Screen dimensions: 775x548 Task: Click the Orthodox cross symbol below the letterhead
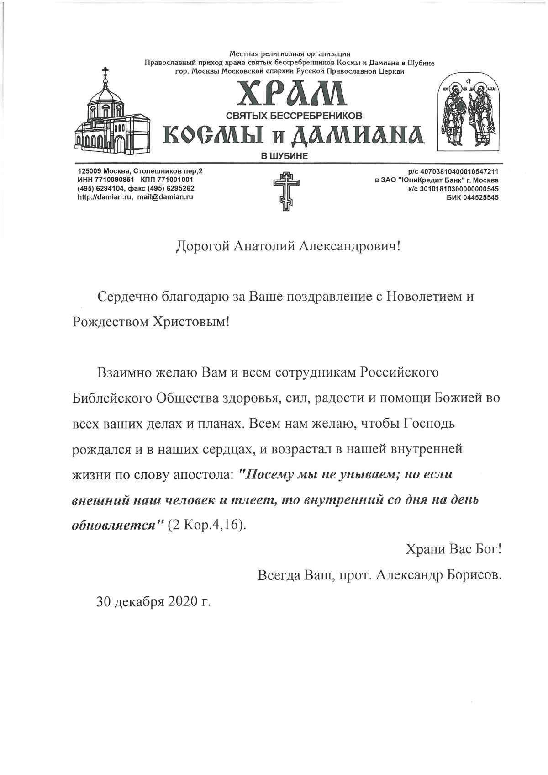click(x=286, y=190)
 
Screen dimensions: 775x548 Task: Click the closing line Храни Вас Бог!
click(x=453, y=548)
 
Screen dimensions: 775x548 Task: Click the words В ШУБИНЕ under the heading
click(x=284, y=156)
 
